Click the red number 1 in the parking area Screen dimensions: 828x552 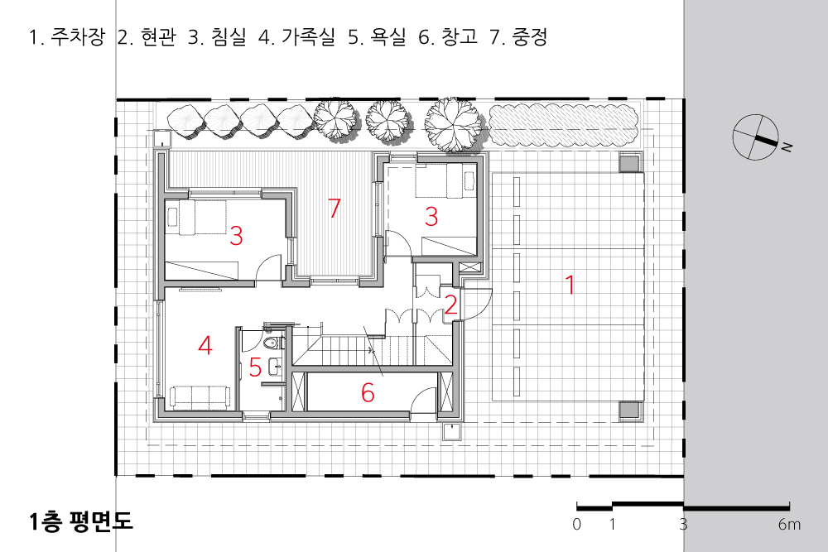(569, 284)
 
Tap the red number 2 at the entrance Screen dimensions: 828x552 (450, 304)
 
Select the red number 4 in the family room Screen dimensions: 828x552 (205, 345)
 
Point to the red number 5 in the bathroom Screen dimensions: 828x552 (255, 366)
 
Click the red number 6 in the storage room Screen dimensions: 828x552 (368, 393)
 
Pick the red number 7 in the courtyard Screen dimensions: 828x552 (335, 209)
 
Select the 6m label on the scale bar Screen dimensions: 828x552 (789, 525)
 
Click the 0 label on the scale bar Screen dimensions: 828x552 (576, 525)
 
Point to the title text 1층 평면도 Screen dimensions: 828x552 (79, 522)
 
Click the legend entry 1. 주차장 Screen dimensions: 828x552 (66, 38)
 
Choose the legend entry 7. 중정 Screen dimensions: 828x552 (518, 38)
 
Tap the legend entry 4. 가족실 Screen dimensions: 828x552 (296, 38)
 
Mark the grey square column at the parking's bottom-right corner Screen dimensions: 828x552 (630, 410)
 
